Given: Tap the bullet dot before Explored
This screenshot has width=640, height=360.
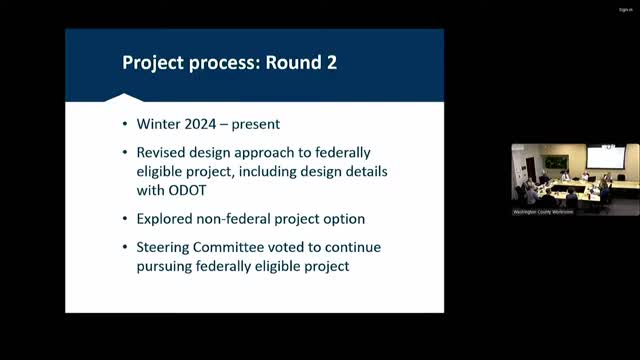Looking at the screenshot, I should coord(127,217).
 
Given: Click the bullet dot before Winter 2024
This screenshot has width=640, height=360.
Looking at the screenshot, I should coord(127,126).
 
